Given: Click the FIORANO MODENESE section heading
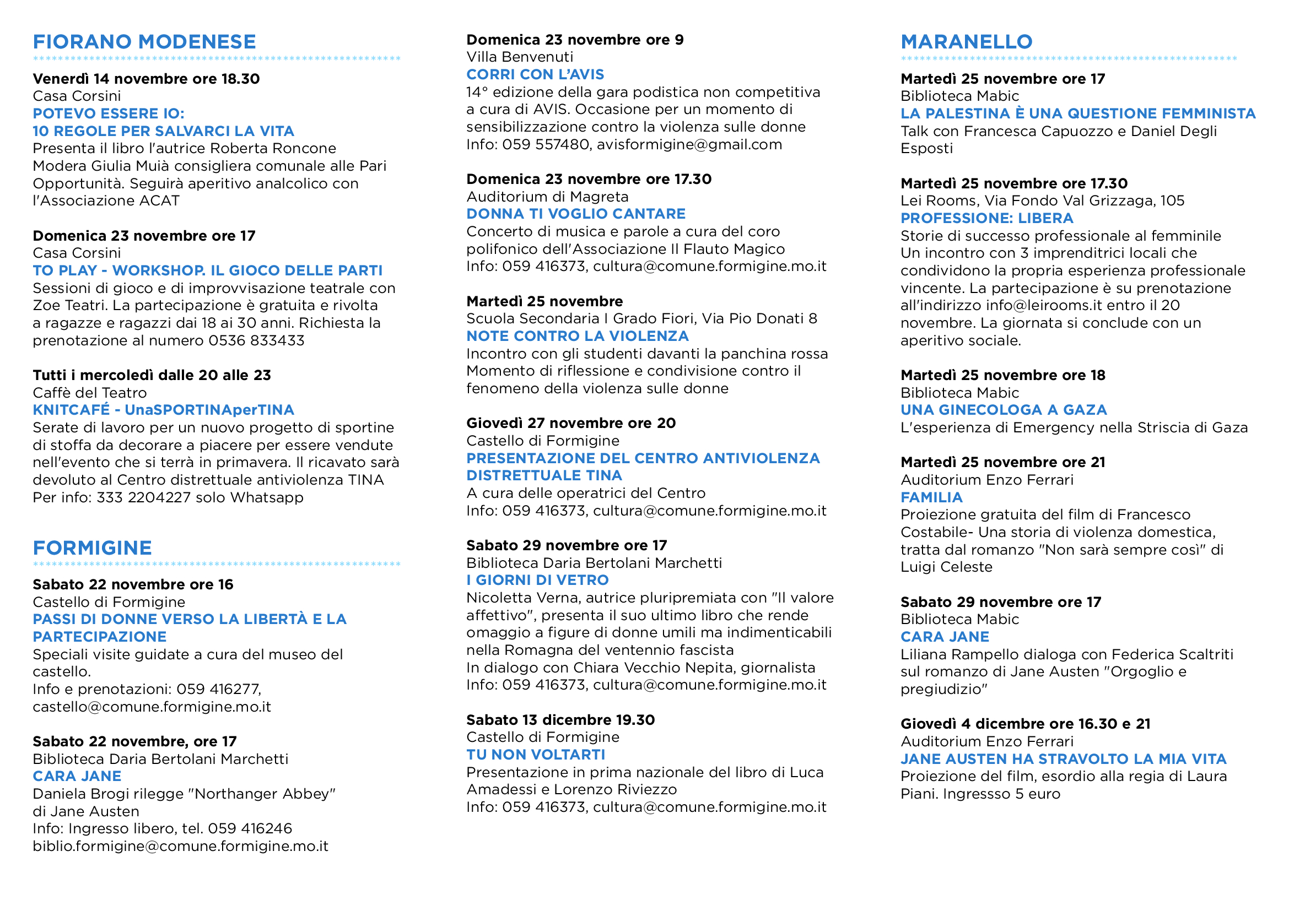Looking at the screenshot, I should click(x=144, y=42).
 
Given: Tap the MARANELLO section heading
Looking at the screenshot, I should click(x=966, y=42).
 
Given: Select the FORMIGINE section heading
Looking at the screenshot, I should click(x=92, y=547).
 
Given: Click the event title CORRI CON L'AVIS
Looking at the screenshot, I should click(x=535, y=74).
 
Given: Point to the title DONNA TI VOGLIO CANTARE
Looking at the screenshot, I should click(x=576, y=214).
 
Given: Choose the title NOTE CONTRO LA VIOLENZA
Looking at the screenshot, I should click(x=577, y=336).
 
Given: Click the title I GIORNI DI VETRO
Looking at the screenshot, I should click(x=537, y=580).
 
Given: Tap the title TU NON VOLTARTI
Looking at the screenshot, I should click(x=536, y=755).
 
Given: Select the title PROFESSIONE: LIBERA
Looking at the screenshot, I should click(x=986, y=218).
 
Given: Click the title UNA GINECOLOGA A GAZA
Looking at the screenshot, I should click(x=1003, y=410).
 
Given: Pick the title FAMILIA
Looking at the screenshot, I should click(x=931, y=497).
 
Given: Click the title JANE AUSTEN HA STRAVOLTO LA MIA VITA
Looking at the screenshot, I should click(x=1063, y=759).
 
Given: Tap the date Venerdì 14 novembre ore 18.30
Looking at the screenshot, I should click(x=146, y=79).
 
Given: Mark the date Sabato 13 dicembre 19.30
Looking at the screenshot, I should click(x=560, y=720).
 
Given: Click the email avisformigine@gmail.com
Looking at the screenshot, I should click(x=689, y=145).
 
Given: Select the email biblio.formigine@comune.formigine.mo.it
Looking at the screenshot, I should click(x=180, y=846).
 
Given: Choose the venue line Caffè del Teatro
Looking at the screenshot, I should click(x=90, y=393).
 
